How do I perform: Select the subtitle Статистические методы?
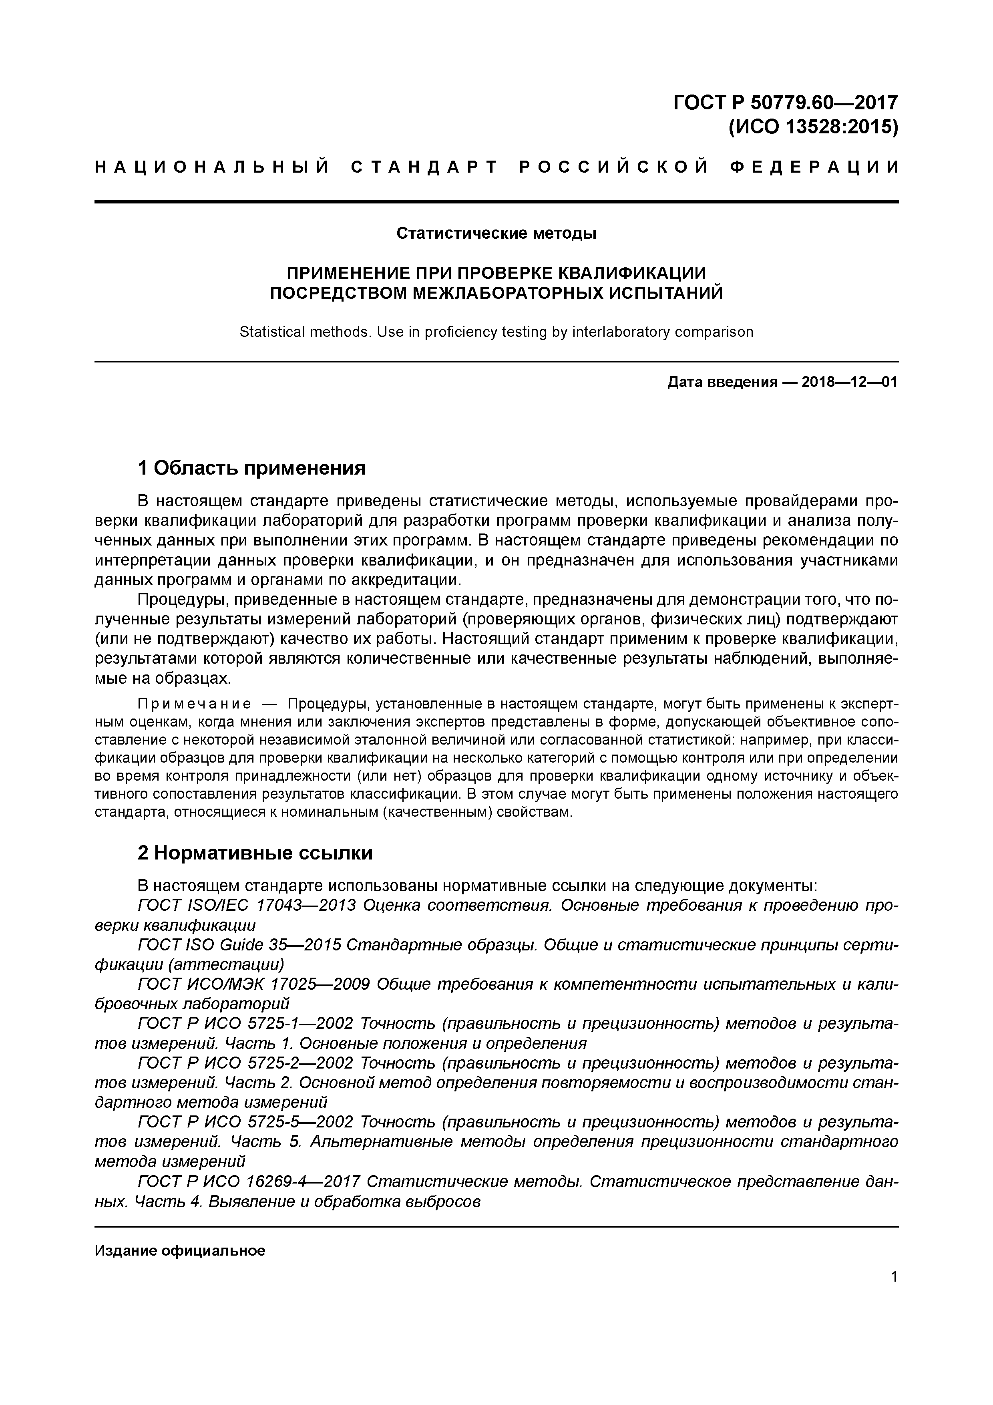coord(496,233)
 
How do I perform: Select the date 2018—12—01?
coord(849,382)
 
